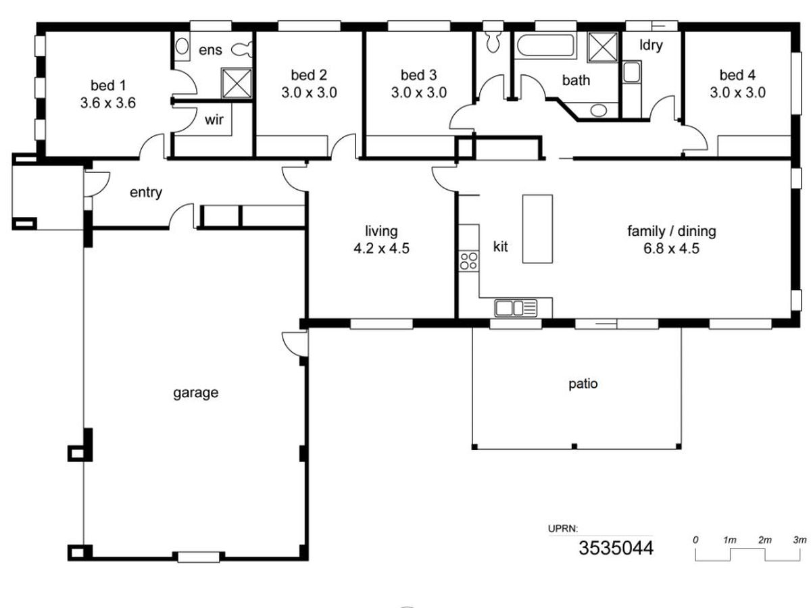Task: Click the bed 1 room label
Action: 108,86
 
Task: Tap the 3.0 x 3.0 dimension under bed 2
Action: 309,93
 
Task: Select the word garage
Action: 195,393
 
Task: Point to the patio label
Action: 583,384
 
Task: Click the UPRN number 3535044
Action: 616,548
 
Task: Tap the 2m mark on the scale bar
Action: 764,540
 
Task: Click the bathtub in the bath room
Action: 545,45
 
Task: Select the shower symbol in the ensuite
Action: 237,83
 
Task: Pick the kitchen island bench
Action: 537,229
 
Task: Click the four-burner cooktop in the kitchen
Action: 468,261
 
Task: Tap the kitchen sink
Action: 516,308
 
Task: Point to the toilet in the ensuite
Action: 243,49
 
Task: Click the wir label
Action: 214,120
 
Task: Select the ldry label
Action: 651,45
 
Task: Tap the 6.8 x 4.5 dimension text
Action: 671,249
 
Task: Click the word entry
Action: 145,193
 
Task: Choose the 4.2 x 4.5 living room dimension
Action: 381,249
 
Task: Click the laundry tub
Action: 631,72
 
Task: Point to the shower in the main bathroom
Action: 602,47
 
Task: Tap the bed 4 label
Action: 737,75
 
